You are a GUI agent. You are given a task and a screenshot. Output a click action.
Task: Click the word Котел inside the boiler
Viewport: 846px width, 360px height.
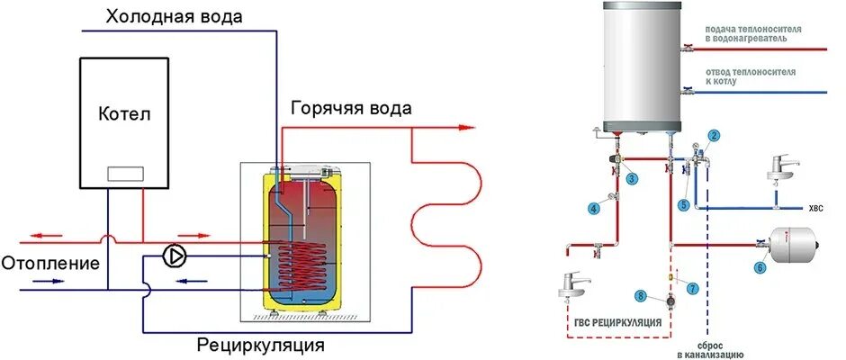[x=125, y=114]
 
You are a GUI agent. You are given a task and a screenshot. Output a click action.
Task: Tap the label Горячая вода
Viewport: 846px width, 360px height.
[x=351, y=108]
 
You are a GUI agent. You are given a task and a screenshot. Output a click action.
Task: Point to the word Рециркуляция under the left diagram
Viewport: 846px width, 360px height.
[x=260, y=345]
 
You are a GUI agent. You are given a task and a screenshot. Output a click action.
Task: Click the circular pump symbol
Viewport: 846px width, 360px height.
[x=174, y=256]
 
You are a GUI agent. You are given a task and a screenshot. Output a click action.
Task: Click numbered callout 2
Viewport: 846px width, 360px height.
[x=714, y=136]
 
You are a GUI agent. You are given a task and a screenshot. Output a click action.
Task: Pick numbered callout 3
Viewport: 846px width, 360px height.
[x=633, y=179]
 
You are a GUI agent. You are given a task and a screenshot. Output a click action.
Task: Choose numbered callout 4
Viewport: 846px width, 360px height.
[x=593, y=209]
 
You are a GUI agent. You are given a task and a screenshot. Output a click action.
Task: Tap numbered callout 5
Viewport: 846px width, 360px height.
[x=684, y=205]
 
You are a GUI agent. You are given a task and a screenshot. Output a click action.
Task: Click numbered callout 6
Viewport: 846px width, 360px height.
[x=760, y=266]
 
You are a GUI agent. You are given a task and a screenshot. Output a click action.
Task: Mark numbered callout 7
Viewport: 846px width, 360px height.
[x=692, y=287]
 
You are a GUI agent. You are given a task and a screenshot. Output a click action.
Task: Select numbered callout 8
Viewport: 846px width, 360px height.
[x=640, y=295]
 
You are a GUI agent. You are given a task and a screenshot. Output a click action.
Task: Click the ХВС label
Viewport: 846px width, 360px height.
[x=816, y=209]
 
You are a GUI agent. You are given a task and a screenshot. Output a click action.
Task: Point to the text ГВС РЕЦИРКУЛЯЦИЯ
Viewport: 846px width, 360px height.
[x=616, y=322]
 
